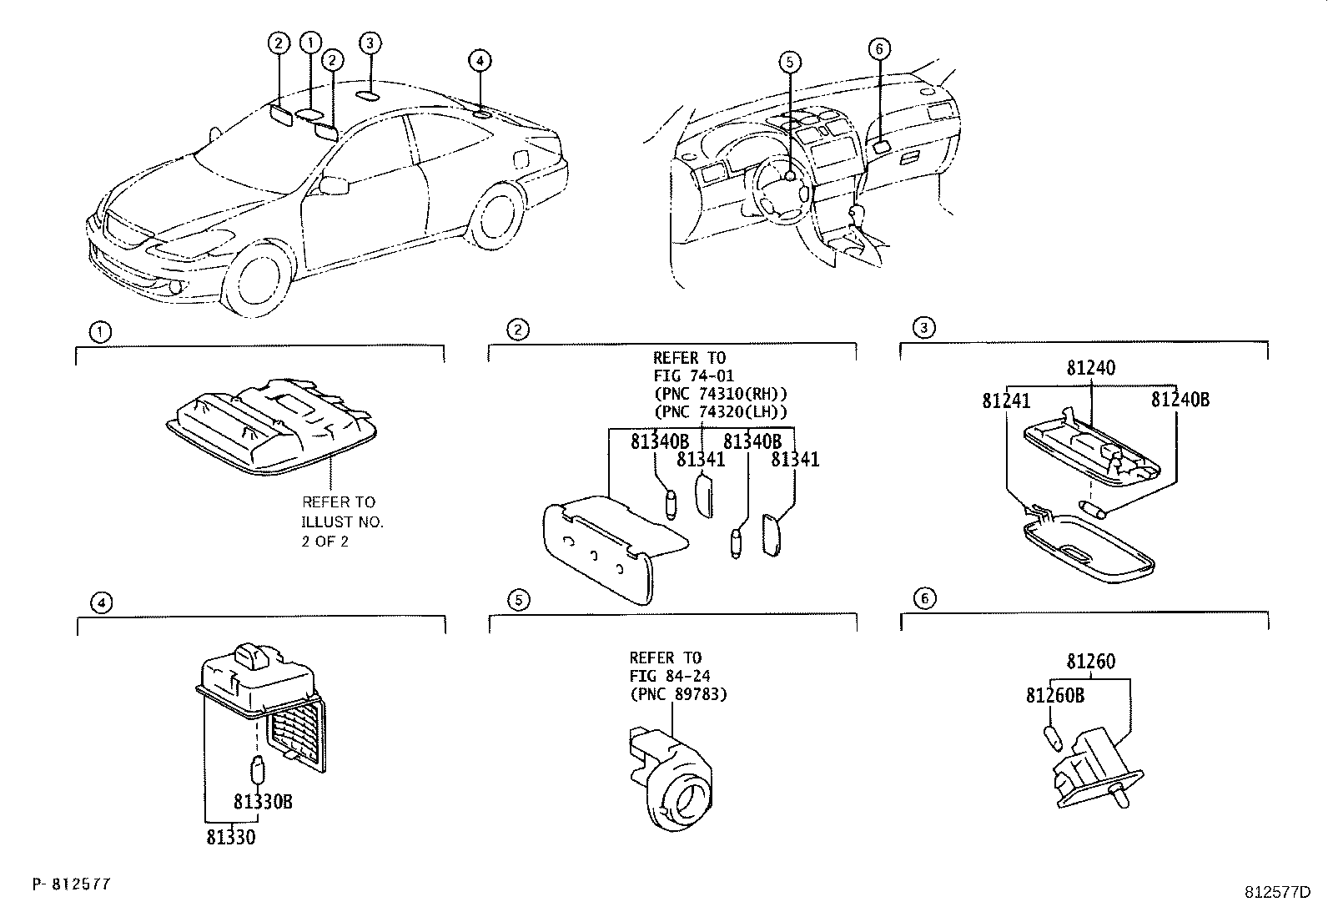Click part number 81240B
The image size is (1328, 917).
(1180, 400)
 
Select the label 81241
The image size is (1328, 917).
(1006, 401)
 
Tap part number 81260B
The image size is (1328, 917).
(1054, 695)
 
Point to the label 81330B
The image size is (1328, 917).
(262, 802)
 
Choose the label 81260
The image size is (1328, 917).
(1090, 662)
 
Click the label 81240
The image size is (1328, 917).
(1090, 368)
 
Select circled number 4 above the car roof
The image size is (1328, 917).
(480, 60)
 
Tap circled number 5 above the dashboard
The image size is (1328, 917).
(790, 60)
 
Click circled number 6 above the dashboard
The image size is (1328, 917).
(878, 48)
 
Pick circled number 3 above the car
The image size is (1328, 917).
(370, 43)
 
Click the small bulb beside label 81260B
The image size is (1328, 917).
(1052, 738)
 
